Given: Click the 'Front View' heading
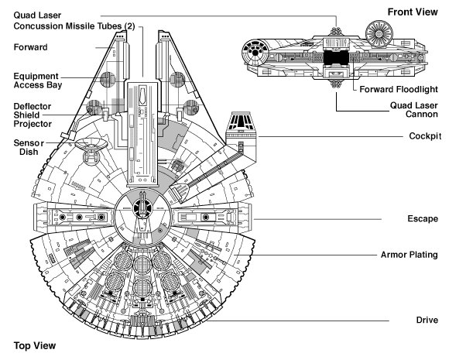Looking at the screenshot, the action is (413, 12).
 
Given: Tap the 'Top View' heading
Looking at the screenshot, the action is (35, 345).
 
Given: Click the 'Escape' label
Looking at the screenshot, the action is (423, 218).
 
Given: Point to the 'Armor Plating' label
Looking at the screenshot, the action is (410, 255).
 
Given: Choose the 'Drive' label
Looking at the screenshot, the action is (427, 320).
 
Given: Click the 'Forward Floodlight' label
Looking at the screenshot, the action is (399, 89).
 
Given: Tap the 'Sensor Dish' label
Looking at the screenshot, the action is (29, 147).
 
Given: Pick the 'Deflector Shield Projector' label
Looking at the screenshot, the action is (33, 115).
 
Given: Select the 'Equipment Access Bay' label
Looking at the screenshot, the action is (38, 81).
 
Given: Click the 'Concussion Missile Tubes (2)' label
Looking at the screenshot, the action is (74, 26).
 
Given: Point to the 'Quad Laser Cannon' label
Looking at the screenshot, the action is (414, 110).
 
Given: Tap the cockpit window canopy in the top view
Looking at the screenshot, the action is (240, 121).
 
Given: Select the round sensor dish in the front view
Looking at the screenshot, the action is (379, 34).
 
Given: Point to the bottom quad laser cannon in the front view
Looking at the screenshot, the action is (336, 84).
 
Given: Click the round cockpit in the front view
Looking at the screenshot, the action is (255, 53).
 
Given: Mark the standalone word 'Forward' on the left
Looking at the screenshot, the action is (31, 47).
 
